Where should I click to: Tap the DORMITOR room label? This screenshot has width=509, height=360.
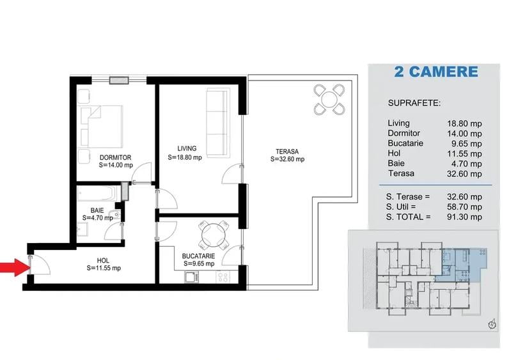click(x=115, y=157)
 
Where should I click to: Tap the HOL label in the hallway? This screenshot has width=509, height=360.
click(x=103, y=260)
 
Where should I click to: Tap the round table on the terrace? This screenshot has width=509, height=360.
click(x=329, y=98)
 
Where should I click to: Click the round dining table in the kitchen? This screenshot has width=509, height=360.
click(x=212, y=234)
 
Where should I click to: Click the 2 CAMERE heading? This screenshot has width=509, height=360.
click(x=436, y=72)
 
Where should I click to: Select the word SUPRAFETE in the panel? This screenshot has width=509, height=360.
click(x=414, y=102)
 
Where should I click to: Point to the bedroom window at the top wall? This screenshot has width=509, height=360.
click(x=120, y=80)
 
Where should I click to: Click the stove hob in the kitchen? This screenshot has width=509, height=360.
click(x=223, y=277)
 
